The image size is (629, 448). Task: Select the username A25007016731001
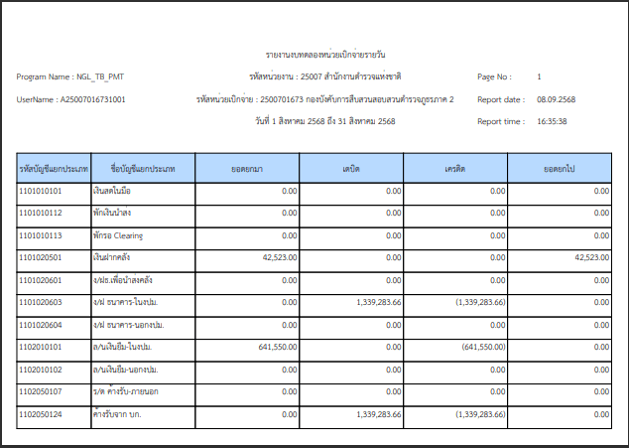point(92,99)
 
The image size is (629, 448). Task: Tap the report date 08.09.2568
point(557,99)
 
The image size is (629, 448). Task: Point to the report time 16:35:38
point(552,121)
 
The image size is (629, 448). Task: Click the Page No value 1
point(539,76)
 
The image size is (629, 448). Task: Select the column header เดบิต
point(350,168)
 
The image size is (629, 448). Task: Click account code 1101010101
point(41,190)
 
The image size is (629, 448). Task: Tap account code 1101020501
point(41,257)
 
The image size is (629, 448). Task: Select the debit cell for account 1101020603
point(375,302)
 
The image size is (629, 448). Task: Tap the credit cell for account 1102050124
point(479,414)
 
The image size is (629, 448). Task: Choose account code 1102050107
point(41,392)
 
